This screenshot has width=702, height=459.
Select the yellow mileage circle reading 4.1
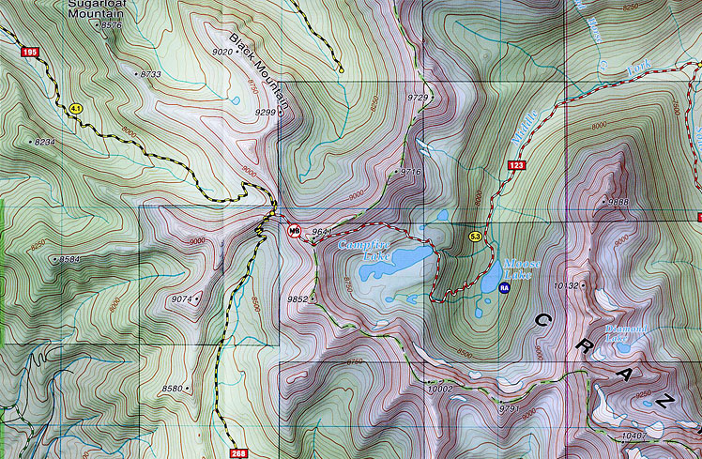coord(75,110)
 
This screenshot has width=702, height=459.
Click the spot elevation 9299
coord(266,113)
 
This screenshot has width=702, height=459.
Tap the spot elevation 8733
coord(151,73)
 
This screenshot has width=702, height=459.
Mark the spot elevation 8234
coord(44,142)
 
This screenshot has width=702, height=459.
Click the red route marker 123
coord(514,166)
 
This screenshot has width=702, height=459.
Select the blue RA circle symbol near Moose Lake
coord(504,289)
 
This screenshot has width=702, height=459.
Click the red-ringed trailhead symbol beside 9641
coord(294,231)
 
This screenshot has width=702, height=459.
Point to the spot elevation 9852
coord(298,299)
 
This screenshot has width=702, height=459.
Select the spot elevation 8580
coord(173,388)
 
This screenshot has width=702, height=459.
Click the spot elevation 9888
coord(618,202)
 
